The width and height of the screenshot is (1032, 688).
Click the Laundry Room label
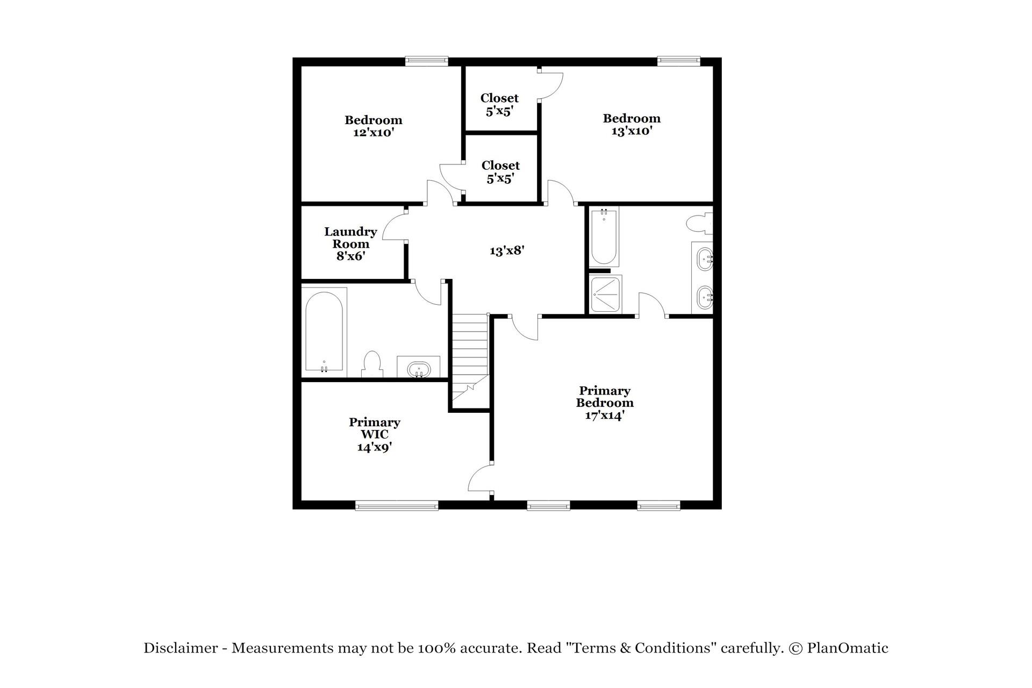pyautogui.click(x=350, y=243)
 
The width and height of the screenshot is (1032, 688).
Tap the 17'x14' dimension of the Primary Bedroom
pyautogui.click(x=605, y=415)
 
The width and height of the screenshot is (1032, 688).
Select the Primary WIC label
pyautogui.click(x=374, y=434)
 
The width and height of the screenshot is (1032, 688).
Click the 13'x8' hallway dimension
pyautogui.click(x=506, y=250)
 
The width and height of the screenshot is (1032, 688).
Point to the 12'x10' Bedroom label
pyautogui.click(x=374, y=126)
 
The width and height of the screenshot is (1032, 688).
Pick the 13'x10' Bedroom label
pyautogui.click(x=632, y=124)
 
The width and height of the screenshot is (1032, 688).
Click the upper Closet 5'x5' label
pyautogui.click(x=499, y=104)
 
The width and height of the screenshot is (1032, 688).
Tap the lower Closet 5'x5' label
pyautogui.click(x=500, y=171)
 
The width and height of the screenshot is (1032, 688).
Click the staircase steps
pyautogui.click(x=470, y=349)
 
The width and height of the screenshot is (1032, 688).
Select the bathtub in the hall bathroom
pyautogui.click(x=324, y=332)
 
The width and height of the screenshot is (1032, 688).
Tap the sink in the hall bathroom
pyautogui.click(x=419, y=369)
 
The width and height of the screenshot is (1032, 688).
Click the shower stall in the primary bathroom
pyautogui.click(x=605, y=295)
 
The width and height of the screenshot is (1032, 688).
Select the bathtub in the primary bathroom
pyautogui.click(x=604, y=236)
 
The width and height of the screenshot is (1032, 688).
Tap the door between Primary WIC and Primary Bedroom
pyautogui.click(x=480, y=478)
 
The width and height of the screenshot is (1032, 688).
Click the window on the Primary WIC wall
pyautogui.click(x=397, y=505)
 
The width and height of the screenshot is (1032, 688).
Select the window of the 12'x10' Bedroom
pyautogui.click(x=426, y=61)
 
